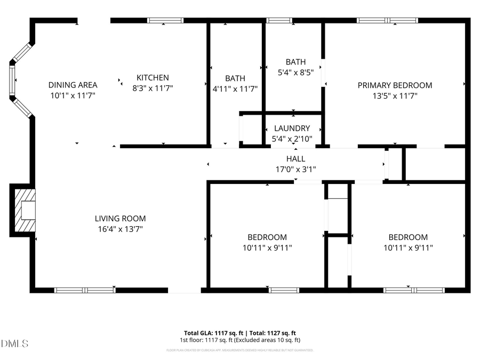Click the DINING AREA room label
tap(73, 85)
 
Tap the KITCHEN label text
tap(153, 77)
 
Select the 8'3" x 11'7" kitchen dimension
tap(153, 88)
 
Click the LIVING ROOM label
tap(120, 218)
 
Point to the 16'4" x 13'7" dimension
tap(120, 229)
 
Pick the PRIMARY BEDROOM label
tap(395, 85)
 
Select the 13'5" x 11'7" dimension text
tap(395, 95)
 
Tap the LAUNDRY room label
tap(292, 129)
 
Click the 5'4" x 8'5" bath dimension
tap(295, 73)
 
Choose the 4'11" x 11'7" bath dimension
tap(235, 89)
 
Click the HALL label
tap(295, 159)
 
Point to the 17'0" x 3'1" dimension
tap(295, 170)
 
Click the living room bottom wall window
tap(85, 290)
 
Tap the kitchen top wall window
tap(165, 21)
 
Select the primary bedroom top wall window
tap(388, 21)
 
